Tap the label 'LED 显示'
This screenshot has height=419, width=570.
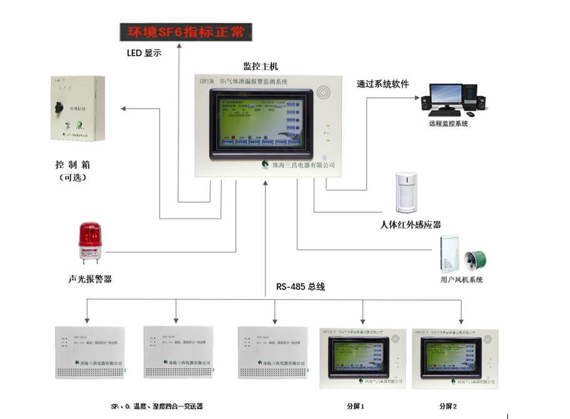coord(144,53)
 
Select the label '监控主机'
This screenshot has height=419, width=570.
coord(260,66)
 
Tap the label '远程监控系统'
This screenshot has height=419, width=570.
coord(448,123)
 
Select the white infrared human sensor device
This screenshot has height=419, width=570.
coord(405,193)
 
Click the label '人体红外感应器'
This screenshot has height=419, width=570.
coord(410,224)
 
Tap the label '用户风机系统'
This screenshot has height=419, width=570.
coord(462,279)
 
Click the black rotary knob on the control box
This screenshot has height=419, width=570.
coord(61,106)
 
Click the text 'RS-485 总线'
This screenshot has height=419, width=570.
coord(301,287)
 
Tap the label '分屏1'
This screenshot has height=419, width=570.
coord(355,406)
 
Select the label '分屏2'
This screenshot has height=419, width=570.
coord(448,406)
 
